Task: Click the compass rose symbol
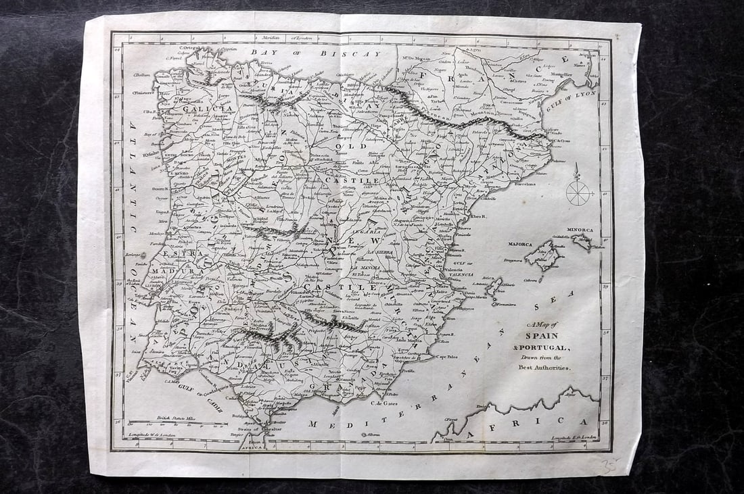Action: coord(578,192)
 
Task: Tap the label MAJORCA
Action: coord(520,244)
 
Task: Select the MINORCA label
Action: coord(580,230)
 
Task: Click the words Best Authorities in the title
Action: coord(544,367)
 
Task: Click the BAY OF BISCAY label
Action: coord(315,52)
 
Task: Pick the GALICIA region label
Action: coord(211,108)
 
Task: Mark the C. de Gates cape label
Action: coord(384,404)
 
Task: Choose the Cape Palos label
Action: coord(447,357)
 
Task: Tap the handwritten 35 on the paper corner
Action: coord(610,464)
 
